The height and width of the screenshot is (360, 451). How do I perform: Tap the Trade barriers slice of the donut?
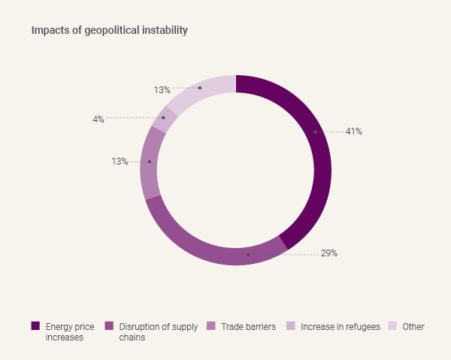(150, 162)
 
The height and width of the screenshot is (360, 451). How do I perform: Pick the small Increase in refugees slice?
(164, 118)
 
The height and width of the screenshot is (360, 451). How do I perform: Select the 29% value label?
(329, 253)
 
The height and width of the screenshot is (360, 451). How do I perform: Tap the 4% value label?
(98, 119)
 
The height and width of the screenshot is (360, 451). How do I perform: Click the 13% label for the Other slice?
(162, 90)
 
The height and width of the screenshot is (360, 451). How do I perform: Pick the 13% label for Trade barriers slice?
(120, 162)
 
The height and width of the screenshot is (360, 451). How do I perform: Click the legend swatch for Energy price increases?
(35, 326)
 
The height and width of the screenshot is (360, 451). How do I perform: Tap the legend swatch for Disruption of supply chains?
(109, 326)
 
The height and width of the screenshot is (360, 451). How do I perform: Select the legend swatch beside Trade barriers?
(210, 326)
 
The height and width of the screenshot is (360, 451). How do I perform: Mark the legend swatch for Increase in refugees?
(290, 326)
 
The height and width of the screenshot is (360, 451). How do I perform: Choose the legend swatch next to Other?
(392, 326)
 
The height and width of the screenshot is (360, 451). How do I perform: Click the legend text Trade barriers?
(249, 327)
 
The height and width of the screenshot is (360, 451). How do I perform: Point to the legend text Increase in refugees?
(341, 327)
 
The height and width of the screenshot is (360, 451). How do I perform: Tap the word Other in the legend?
(413, 327)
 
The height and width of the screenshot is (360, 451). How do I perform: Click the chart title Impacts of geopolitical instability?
(110, 31)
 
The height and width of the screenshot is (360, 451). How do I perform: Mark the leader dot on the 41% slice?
(315, 132)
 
